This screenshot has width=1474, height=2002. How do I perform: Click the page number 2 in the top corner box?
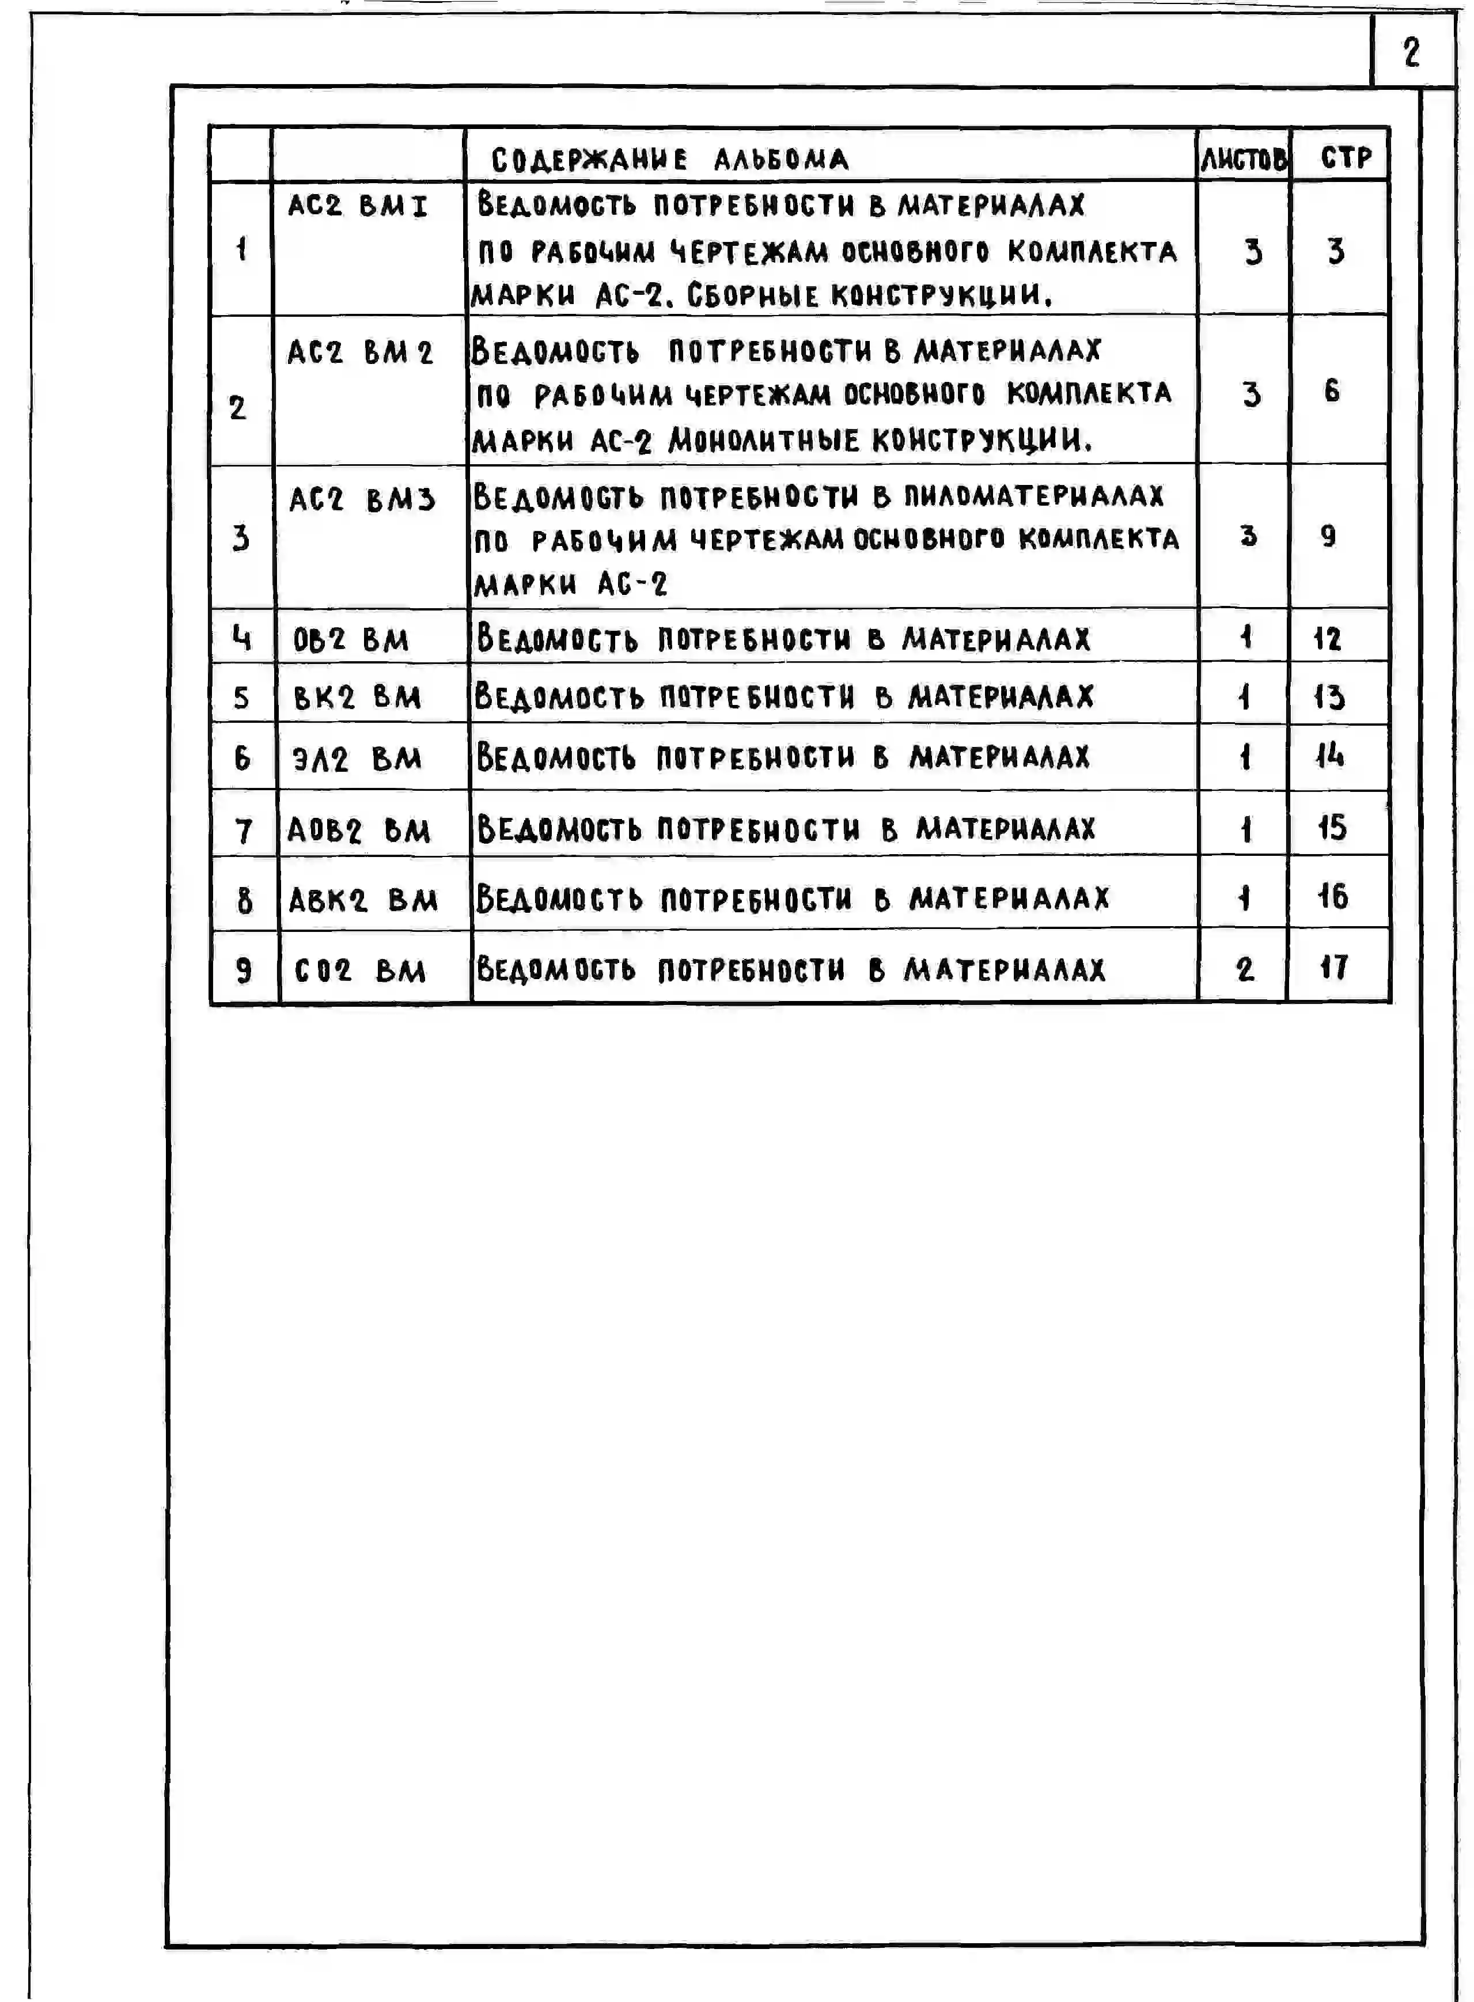click(x=1411, y=52)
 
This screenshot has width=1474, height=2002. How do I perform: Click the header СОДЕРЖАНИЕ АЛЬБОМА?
click(x=669, y=160)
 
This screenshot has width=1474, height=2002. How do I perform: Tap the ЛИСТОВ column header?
click(x=1244, y=160)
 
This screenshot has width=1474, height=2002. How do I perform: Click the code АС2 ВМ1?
click(x=358, y=206)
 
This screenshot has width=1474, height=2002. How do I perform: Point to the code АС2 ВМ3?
click(x=361, y=499)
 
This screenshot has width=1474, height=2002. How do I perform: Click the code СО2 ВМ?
click(x=359, y=970)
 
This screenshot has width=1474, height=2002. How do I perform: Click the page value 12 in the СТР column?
click(x=1327, y=639)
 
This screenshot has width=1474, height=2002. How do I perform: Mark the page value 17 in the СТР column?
click(x=1333, y=967)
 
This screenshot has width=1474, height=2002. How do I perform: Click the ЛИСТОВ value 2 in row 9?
click(x=1245, y=969)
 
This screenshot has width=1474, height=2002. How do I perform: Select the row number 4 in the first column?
click(x=241, y=638)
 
